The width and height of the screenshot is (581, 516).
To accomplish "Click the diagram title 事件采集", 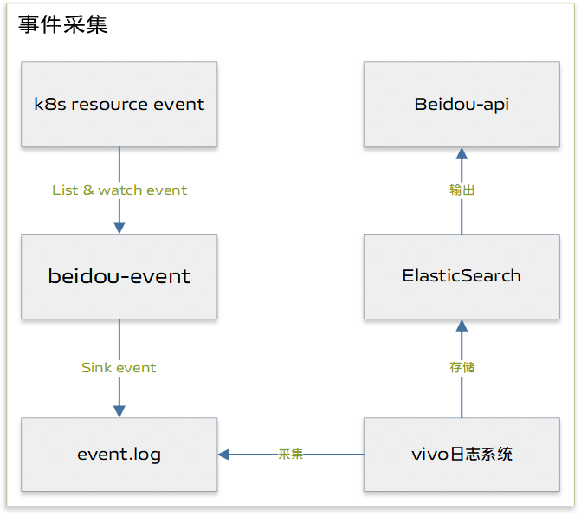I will [x=63, y=24].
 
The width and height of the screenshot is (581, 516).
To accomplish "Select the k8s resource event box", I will [x=119, y=105].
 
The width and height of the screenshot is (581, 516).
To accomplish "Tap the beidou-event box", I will [x=119, y=276].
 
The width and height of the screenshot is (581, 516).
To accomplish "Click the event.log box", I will [x=119, y=455].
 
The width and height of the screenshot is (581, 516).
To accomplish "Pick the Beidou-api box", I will [x=462, y=105].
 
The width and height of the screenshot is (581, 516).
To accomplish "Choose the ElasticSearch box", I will [x=462, y=276].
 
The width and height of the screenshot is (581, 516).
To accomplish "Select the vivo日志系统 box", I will [x=462, y=455].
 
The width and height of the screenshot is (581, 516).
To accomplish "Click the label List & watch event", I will [x=119, y=190].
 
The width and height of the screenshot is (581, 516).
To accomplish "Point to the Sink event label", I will [x=119, y=368].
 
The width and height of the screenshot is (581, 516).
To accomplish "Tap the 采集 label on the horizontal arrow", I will [x=290, y=454].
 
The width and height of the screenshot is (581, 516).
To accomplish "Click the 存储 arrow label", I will [x=462, y=367].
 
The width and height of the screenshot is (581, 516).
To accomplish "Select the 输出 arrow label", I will [x=462, y=190].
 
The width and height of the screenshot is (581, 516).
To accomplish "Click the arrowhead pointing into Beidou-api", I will [x=462, y=153].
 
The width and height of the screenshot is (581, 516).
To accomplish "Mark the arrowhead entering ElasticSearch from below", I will [x=462, y=326].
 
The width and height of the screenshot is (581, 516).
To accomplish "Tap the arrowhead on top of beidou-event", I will [x=119, y=228].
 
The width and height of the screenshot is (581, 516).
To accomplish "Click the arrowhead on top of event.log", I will [x=119, y=411].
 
